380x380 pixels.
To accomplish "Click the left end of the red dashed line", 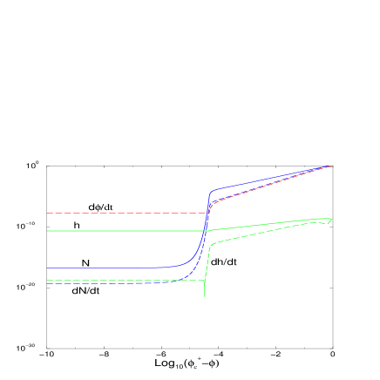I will click(48, 213).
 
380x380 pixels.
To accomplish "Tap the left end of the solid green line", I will click(48, 231).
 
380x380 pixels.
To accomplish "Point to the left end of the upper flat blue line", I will click(48, 268).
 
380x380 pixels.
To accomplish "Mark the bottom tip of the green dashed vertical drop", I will click(205, 297).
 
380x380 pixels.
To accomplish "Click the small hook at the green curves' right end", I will click(329, 221).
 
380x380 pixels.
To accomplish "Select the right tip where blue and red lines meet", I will click(331, 166).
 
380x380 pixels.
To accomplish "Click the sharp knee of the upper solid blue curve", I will click(210, 191).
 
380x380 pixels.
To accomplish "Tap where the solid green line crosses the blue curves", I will click(205, 231).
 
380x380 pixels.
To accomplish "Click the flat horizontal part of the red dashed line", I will click(122, 213).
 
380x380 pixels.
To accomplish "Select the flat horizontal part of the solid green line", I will click(122, 231).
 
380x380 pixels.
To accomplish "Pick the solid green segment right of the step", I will click(261, 224).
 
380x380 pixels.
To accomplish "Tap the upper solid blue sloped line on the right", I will click(270, 177).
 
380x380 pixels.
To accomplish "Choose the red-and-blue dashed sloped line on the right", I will click(270, 185).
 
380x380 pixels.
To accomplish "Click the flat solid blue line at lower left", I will click(96, 268).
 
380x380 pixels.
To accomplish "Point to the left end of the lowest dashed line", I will click(48, 281).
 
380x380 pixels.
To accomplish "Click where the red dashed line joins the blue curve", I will click(207, 212).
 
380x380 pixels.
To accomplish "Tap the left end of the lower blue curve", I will click(136, 283).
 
